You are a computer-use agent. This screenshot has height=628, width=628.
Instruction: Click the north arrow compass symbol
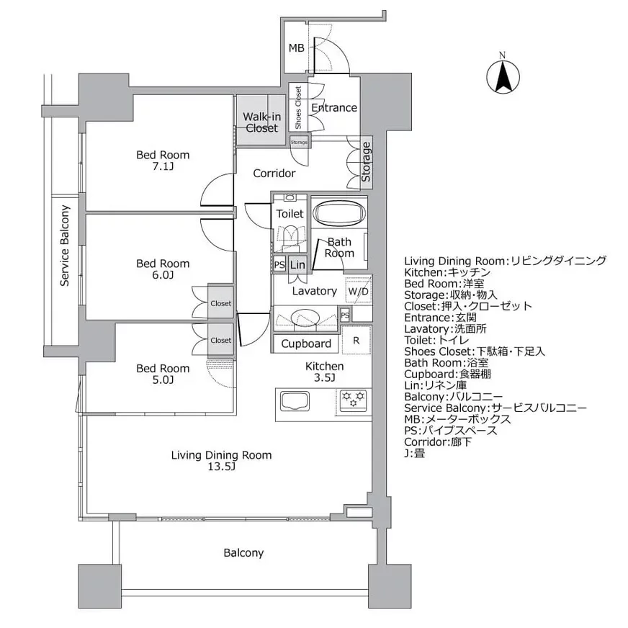pyautogui.click(x=505, y=74)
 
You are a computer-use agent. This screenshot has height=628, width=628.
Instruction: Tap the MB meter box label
pyautogui.click(x=296, y=48)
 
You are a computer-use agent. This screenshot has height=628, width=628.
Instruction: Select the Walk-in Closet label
pyautogui.click(x=261, y=122)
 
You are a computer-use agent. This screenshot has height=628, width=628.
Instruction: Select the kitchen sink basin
pyautogui.click(x=295, y=402)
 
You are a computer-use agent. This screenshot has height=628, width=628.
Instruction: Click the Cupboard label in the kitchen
pyautogui.click(x=306, y=344)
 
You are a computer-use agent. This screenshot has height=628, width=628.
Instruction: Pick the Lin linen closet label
pyautogui.click(x=297, y=265)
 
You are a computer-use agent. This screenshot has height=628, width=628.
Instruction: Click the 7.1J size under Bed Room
pyautogui.click(x=163, y=167)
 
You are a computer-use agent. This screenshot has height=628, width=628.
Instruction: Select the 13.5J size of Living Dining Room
pyautogui.click(x=221, y=467)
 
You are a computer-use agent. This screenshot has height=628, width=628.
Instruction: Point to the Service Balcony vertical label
pyautogui.click(x=65, y=246)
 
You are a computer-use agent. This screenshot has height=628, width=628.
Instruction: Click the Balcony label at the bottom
pyautogui.click(x=243, y=553)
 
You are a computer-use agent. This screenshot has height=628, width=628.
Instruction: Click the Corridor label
pyautogui.click(x=274, y=174)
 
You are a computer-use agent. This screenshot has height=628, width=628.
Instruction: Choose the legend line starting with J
pyautogui.click(x=416, y=454)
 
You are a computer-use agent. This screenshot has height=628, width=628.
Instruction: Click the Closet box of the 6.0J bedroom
pyautogui.click(x=221, y=303)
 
